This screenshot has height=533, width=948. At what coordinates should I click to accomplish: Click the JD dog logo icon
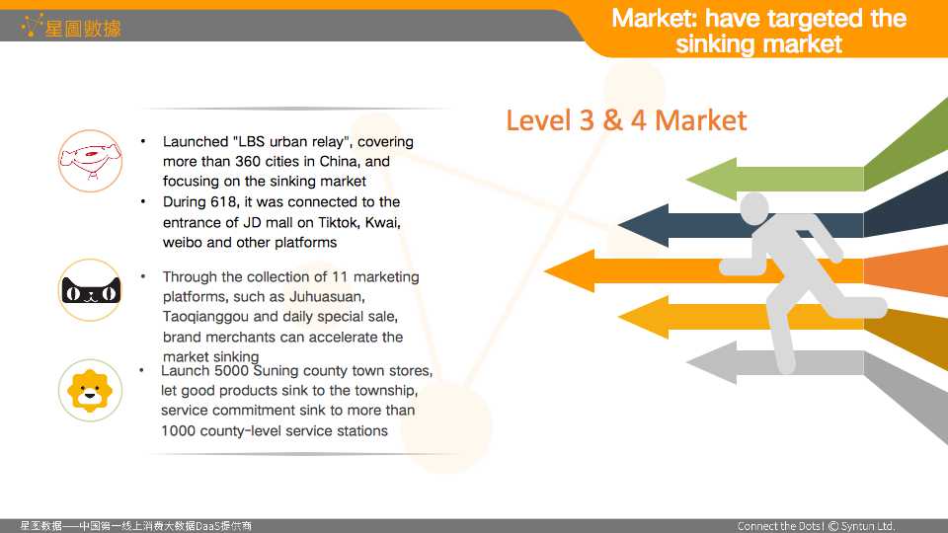(90, 161)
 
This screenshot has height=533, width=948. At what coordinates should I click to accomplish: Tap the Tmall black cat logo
(91, 290)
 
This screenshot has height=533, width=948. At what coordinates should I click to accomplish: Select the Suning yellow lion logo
(90, 391)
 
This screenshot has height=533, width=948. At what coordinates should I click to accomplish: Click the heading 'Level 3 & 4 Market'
(626, 120)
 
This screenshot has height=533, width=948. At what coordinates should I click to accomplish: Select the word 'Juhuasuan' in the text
(326, 297)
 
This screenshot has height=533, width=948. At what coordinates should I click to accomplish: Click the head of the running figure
(753, 208)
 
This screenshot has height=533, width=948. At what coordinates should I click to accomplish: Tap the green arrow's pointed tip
(687, 180)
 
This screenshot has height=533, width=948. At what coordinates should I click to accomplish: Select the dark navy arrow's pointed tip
(618, 225)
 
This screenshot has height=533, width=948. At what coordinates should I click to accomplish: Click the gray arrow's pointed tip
(687, 362)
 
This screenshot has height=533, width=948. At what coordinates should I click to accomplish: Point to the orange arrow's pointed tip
(545, 271)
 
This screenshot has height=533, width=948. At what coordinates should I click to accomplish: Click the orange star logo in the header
(32, 25)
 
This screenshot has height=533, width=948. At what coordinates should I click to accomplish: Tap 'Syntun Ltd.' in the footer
(868, 526)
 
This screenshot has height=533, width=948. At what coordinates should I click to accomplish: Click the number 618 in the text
(222, 201)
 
